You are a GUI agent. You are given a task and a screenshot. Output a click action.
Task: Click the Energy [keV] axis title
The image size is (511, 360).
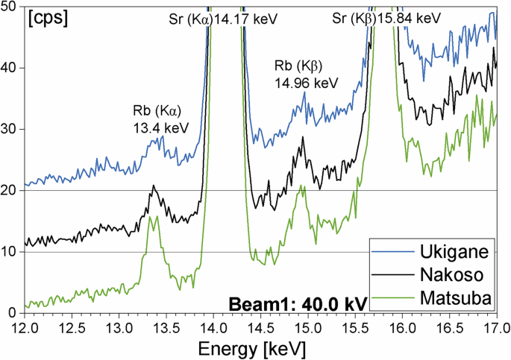pyautogui.click(x=260, y=348)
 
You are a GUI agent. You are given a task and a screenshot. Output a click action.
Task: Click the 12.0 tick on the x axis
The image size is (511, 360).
pyautogui.click(x=25, y=326)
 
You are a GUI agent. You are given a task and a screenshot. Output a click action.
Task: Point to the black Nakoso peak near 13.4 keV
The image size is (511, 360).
pyautogui.click(x=154, y=186)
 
